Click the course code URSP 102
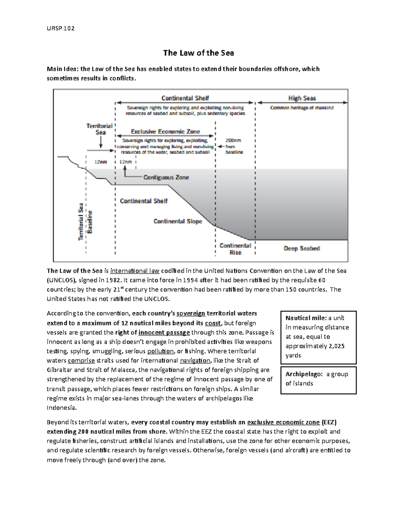(61, 28)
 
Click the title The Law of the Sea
(198, 53)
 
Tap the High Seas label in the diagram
(302, 98)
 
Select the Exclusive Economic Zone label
(166, 131)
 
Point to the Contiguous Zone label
(166, 177)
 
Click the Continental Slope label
(178, 221)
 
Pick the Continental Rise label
(235, 249)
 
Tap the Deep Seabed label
(301, 248)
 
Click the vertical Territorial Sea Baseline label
(85, 222)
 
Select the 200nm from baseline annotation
(234, 146)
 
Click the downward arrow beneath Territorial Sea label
(101, 143)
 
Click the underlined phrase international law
(135, 271)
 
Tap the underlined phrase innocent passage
(164, 332)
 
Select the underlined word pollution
(161, 351)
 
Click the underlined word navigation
(195, 360)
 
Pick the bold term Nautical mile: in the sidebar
(306, 318)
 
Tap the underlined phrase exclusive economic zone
(283, 422)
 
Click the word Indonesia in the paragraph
(61, 408)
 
